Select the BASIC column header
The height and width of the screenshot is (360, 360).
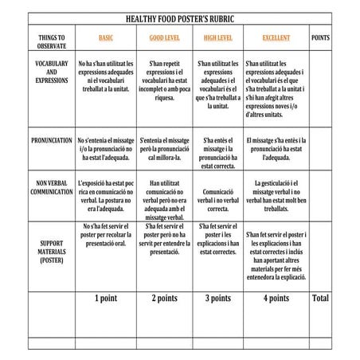coord(105,38)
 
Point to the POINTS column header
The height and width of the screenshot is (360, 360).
coord(321,38)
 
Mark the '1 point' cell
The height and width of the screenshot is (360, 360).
coord(105,299)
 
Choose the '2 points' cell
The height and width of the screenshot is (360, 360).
coord(164,299)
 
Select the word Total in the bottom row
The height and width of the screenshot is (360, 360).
coord(320,299)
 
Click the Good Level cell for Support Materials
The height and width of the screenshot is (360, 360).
coord(164,238)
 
